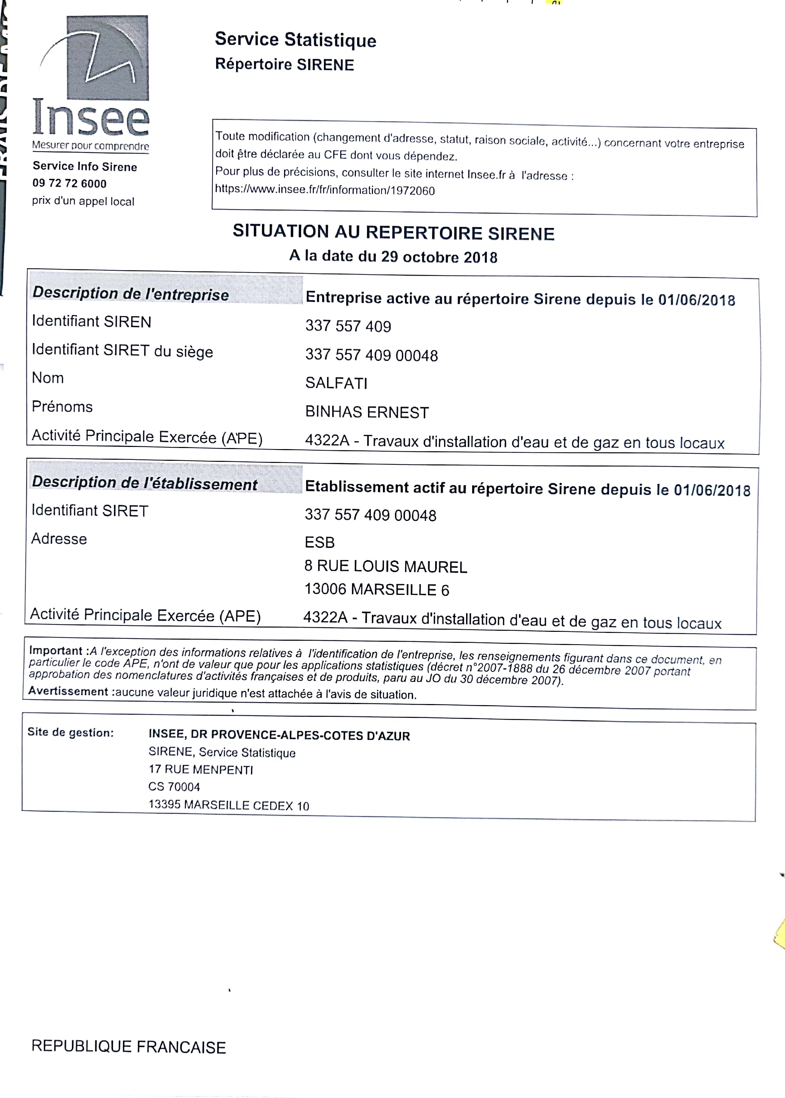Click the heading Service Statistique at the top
pos(295,39)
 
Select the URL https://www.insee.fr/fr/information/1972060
pos(325,190)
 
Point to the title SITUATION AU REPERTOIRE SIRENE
pos(394,233)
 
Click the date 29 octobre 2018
pos(439,257)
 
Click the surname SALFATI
pos(336,383)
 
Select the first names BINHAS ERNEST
pos(367,412)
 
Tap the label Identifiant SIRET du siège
pos(122,351)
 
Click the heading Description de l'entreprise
pos(130,293)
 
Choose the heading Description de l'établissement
pos(145,483)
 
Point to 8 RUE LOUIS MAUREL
pos(386,566)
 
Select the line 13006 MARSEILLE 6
pos(377,590)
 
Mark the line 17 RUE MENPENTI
pos(201,769)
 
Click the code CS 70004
pos(174,787)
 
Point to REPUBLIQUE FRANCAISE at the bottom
pos(129,1047)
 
